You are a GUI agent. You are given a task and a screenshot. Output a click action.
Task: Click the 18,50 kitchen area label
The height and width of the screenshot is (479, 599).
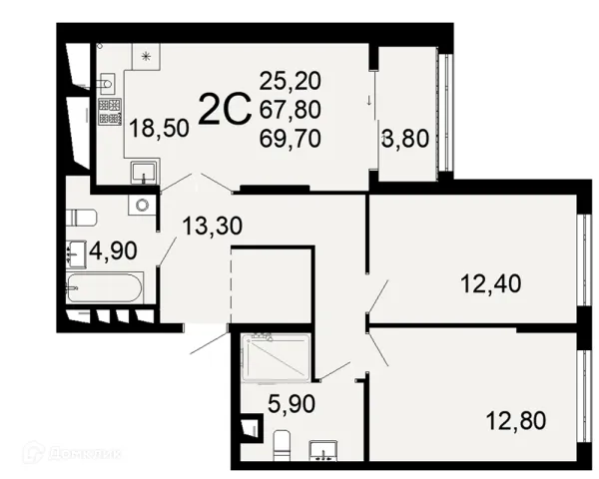[x=159, y=128]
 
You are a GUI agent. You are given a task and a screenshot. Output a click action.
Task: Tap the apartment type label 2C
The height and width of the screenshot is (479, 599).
[x=225, y=109]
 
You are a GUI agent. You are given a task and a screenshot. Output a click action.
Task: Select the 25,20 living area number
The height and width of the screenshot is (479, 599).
[x=290, y=81]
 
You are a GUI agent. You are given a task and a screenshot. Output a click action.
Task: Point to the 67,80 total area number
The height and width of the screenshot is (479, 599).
[x=290, y=109]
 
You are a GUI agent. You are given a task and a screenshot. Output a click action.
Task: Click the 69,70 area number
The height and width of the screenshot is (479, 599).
[x=290, y=138]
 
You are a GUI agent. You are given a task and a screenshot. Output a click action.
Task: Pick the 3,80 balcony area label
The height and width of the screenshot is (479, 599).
[x=405, y=138]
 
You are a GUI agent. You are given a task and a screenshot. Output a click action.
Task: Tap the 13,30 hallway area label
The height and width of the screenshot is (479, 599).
[x=212, y=226]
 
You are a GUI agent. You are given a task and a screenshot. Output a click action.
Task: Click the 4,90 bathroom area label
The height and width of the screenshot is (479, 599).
[x=113, y=250]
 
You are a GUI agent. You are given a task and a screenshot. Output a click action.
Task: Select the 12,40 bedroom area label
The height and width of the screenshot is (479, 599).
[x=491, y=283]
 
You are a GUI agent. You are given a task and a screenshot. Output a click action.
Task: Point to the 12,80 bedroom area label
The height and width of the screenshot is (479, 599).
[x=516, y=420]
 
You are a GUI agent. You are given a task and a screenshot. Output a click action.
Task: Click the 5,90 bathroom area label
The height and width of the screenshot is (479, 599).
[x=292, y=403]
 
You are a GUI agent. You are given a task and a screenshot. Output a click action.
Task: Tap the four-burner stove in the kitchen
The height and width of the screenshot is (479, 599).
[x=110, y=112]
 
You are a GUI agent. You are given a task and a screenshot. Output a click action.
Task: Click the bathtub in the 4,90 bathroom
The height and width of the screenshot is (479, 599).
[x=104, y=288]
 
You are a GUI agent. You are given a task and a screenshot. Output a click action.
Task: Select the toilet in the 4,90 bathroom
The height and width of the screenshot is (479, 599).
[x=82, y=218]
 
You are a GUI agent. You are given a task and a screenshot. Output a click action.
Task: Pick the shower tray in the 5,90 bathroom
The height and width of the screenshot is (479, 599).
[x=276, y=357]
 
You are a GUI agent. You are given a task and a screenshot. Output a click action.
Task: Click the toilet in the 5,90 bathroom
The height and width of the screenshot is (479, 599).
[x=282, y=445]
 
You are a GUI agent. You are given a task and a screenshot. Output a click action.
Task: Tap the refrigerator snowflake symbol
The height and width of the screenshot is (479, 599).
[x=146, y=57]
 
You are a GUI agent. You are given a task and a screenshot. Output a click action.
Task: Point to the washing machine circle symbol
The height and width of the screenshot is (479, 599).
[x=142, y=206]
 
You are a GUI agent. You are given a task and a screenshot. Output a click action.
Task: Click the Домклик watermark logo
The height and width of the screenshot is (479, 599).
[x=72, y=453]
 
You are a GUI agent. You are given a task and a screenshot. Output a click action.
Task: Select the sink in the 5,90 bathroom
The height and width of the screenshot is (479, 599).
[x=323, y=450]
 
